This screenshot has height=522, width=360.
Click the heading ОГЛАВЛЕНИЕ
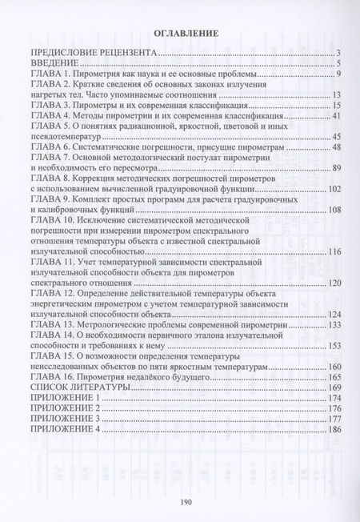[180, 34]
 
